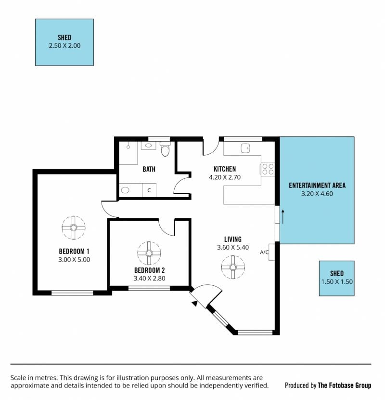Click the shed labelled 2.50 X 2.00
point(64,42)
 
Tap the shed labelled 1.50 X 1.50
point(336,279)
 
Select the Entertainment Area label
point(317,186)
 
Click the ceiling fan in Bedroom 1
point(73,227)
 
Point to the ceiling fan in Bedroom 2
point(149,253)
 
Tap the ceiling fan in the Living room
point(233,267)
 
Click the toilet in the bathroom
point(165,149)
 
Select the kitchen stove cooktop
point(268,169)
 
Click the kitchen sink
point(245,148)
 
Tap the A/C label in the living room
point(264,253)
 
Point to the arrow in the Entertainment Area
point(283,216)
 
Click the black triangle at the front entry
point(195,303)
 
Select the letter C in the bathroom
point(149,190)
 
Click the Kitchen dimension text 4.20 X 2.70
point(225,177)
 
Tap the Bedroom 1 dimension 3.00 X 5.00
point(74,260)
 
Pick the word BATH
point(149,169)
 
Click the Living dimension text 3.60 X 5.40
point(233,247)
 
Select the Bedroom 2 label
point(150,270)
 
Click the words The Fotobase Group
point(344,385)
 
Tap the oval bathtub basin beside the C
point(125,190)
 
